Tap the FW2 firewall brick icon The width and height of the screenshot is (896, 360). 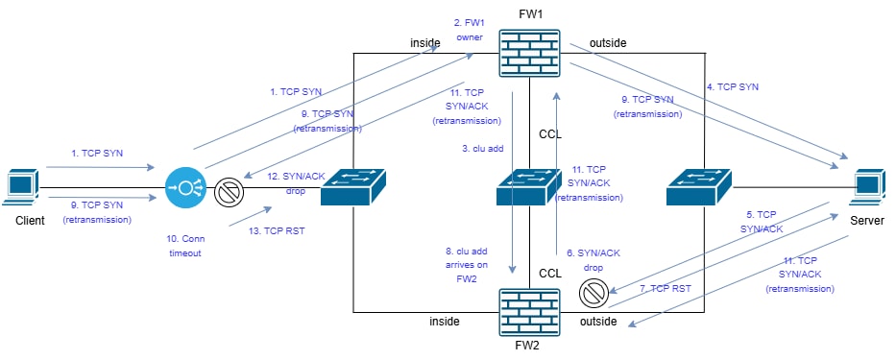528,312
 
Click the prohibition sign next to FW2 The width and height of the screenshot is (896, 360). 592,293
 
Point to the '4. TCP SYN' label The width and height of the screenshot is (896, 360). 732,86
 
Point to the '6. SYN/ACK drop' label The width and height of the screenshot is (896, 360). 593,258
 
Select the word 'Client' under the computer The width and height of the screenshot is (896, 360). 30,220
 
